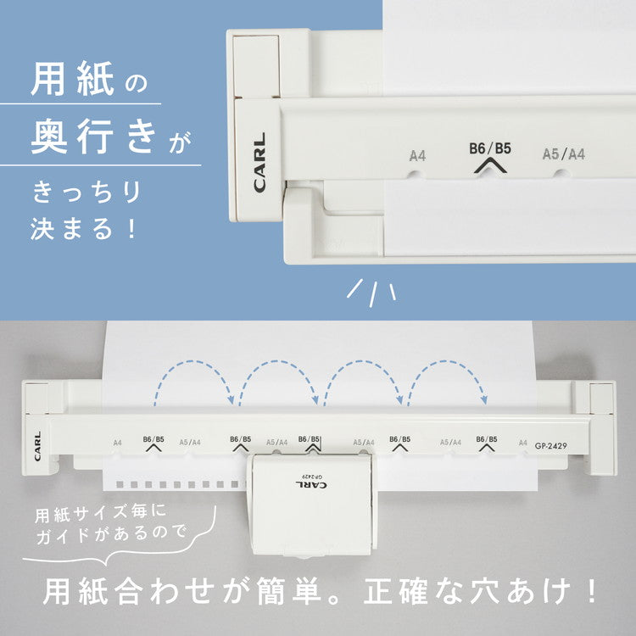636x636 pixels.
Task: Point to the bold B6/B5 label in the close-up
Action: coord(490,148)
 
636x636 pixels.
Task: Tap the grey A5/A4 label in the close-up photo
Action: coord(563,154)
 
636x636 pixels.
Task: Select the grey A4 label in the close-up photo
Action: coord(417,155)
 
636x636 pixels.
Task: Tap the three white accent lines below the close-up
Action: coord(372,291)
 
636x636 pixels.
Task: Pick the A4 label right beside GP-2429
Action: coord(522,442)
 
